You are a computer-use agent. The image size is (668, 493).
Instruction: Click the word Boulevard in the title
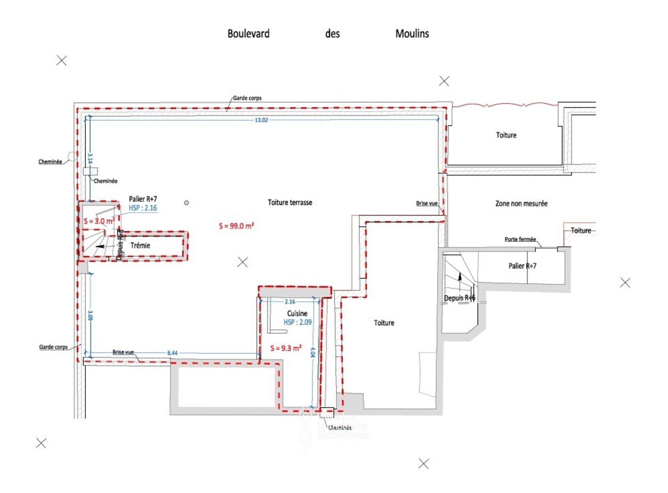point(248,34)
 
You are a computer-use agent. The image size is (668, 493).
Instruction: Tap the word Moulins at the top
point(412,34)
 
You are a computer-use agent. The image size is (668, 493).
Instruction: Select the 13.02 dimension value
point(261,120)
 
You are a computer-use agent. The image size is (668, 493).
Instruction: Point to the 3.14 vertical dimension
point(90,159)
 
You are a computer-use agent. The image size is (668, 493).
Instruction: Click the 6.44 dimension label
point(172,353)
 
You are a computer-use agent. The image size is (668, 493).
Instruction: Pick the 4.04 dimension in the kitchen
point(312,352)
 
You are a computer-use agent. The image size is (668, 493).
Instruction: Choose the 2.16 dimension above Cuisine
point(290,302)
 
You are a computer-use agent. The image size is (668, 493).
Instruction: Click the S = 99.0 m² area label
point(236,226)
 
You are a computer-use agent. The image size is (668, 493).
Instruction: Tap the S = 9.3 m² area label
point(286,348)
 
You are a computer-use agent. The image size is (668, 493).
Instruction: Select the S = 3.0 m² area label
point(99,221)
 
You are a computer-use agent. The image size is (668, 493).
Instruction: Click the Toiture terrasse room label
point(290,202)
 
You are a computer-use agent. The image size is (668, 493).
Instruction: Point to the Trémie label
point(140,246)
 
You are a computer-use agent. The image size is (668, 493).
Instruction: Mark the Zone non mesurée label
point(521,204)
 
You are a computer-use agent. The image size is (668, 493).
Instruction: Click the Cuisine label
point(297,313)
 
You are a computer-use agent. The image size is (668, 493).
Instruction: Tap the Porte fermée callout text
point(520,239)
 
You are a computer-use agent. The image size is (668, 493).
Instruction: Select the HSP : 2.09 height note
point(297,322)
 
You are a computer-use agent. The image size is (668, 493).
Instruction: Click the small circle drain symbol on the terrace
point(186,203)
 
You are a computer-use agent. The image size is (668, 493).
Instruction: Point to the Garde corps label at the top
point(247,98)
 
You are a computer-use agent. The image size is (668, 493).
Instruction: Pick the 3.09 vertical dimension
point(90,316)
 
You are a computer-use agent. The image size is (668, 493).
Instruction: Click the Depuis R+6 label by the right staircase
point(459,298)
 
